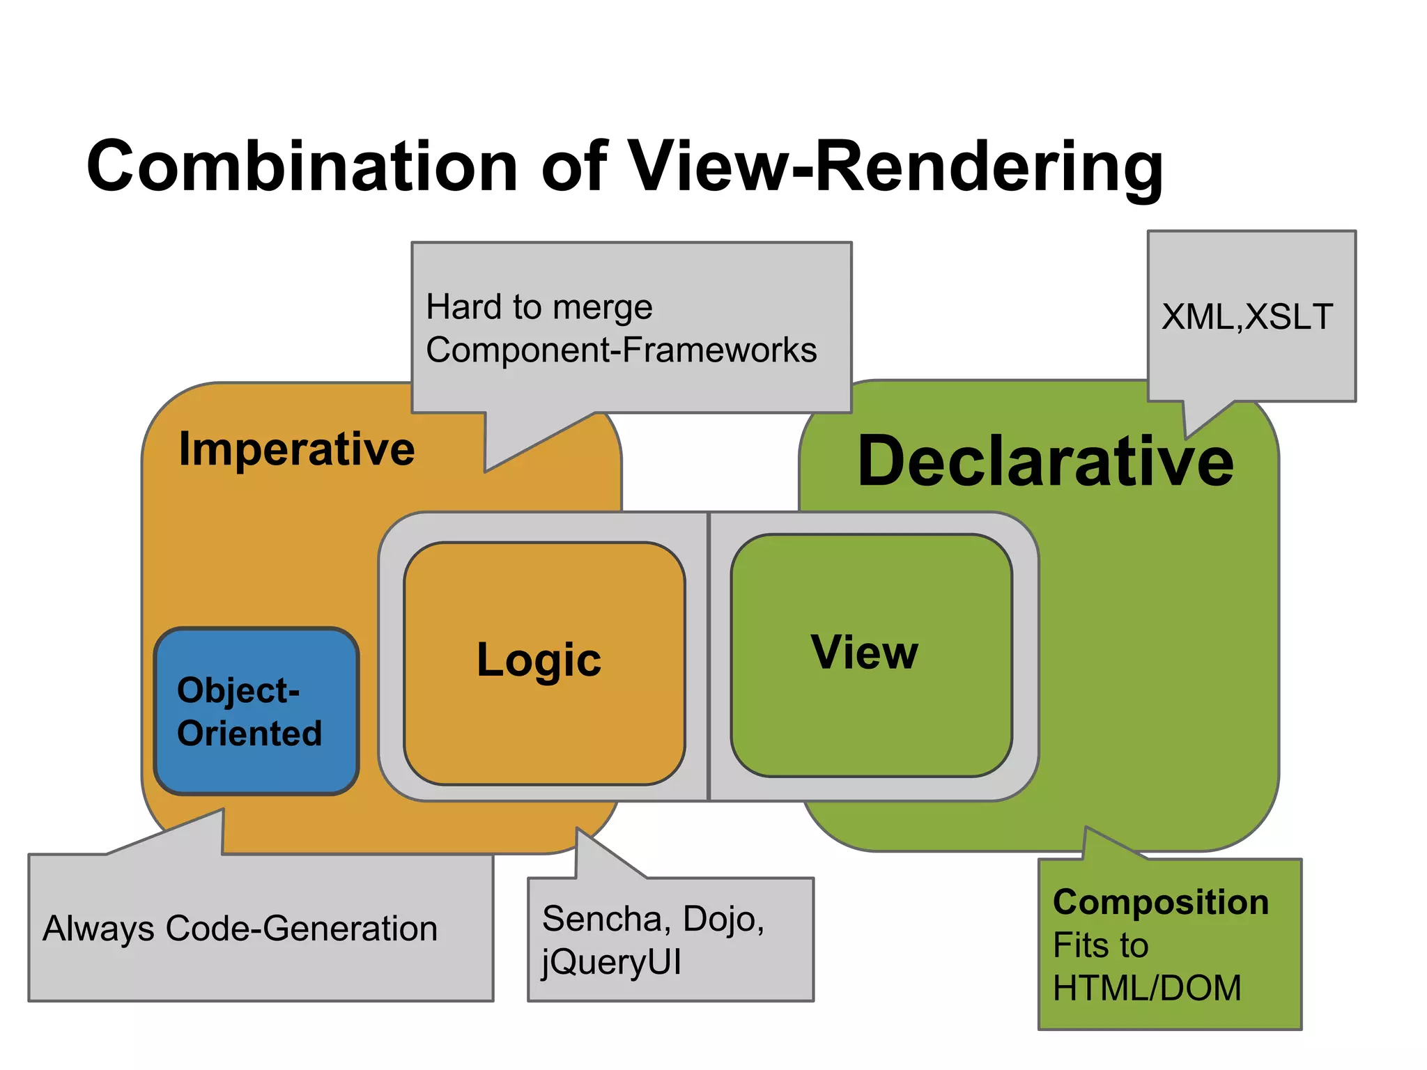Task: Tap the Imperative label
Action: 297,449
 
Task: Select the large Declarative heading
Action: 1045,461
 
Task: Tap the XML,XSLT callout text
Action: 1247,317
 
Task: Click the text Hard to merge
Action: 539,307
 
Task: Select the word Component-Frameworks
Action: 621,350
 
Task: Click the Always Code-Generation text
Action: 240,929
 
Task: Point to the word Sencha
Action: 601,919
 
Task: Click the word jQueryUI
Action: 611,962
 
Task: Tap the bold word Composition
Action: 1160,902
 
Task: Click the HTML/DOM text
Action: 1146,988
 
